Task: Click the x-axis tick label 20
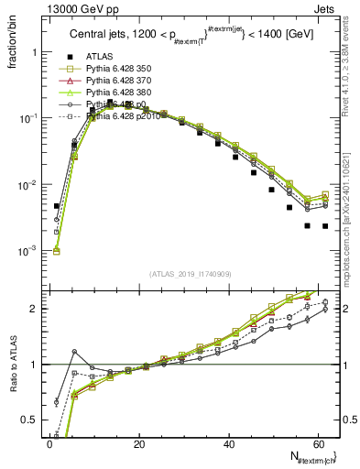(x=139, y=444)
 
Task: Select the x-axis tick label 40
(x=229, y=444)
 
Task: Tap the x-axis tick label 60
(x=319, y=444)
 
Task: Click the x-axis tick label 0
(x=49, y=444)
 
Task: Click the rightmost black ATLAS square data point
(x=325, y=225)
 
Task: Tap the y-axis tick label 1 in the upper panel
(x=35, y=52)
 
